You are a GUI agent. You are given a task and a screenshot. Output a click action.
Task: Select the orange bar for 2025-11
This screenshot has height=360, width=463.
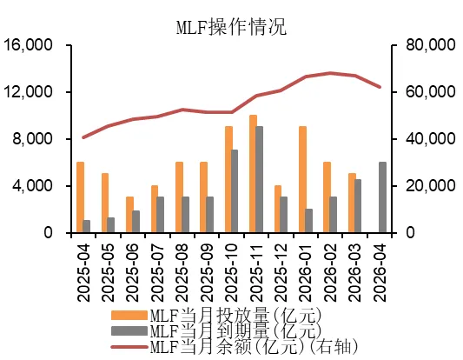pyautogui.click(x=253, y=174)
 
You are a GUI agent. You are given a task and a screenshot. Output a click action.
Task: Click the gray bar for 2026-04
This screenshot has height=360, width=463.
pyautogui.click(x=383, y=197)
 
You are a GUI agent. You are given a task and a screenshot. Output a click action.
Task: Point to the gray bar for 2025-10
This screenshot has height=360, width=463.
pyautogui.click(x=235, y=191)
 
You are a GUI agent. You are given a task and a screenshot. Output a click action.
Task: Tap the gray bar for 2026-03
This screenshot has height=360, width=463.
pyautogui.click(x=359, y=206)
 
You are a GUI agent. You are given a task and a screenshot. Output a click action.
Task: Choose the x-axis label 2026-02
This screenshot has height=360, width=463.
pyautogui.click(x=329, y=272)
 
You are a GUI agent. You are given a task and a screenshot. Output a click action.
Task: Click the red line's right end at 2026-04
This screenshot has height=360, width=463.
pyautogui.click(x=380, y=87)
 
